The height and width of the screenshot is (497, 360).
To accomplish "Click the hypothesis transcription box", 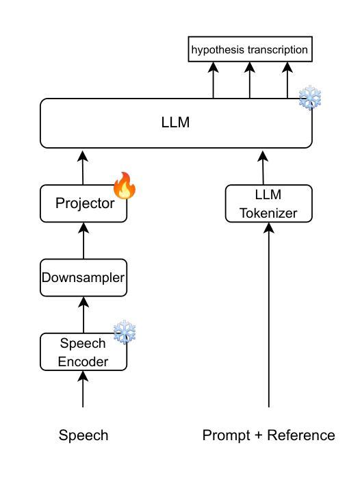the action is click(250, 49).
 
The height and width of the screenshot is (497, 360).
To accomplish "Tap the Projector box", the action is click(83, 203).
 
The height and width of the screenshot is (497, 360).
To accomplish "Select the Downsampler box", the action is click(83, 278).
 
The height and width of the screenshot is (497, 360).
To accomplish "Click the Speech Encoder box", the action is click(83, 352).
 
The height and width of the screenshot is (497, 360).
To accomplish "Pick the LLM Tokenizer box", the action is click(269, 203).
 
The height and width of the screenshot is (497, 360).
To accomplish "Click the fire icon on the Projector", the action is click(125, 186).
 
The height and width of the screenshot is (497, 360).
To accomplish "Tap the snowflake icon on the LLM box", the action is click(310, 97).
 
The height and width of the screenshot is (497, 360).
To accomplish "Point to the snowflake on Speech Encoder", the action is click(125, 332).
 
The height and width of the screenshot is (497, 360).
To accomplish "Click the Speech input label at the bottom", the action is click(83, 435).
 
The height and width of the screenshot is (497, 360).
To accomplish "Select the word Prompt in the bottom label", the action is click(227, 435).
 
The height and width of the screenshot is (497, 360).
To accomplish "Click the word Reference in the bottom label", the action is click(301, 435).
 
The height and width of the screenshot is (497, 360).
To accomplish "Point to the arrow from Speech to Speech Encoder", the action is click(83, 389).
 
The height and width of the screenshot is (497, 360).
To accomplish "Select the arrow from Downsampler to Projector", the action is click(83, 240).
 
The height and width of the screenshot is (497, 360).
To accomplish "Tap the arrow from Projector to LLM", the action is click(83, 168).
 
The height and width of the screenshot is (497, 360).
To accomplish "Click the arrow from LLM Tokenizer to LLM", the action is click(263, 168).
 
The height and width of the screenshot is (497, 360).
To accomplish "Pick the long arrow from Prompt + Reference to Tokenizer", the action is click(269, 315).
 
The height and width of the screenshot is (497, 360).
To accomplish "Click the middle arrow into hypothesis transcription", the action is click(250, 80).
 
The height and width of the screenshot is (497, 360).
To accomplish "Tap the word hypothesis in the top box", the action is click(218, 50).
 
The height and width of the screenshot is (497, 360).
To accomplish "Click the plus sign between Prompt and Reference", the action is click(259, 435).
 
